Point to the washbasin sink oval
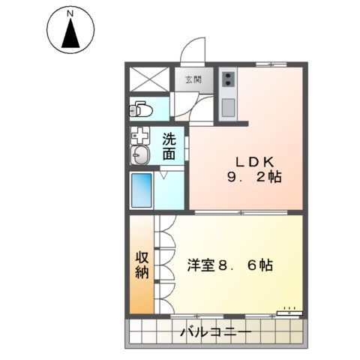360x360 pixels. pos(139,155)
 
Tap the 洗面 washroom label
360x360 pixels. pos(169,145)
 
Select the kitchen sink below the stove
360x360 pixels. pos(227,103)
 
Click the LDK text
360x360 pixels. pos(248,161)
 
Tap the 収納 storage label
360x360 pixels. pos(141,264)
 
